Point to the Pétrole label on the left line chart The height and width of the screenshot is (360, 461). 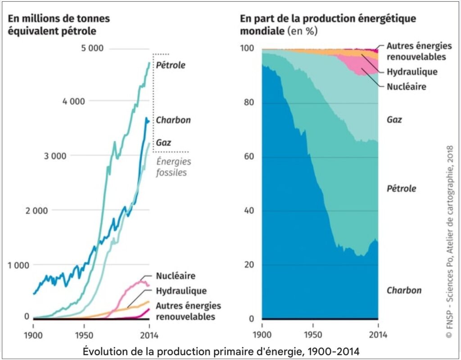(x=171, y=65)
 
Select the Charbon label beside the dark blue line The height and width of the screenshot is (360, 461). (x=173, y=120)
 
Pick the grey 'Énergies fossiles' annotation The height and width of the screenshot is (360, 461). (x=173, y=166)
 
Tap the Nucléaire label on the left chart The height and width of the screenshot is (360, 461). (x=176, y=276)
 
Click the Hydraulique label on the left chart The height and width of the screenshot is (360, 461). (x=181, y=291)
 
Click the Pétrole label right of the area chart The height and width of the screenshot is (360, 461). (x=402, y=188)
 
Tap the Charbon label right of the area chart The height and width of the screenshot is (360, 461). (x=404, y=290)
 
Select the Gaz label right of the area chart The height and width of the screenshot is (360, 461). (x=394, y=120)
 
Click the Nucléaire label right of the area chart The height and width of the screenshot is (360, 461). (x=406, y=86)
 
